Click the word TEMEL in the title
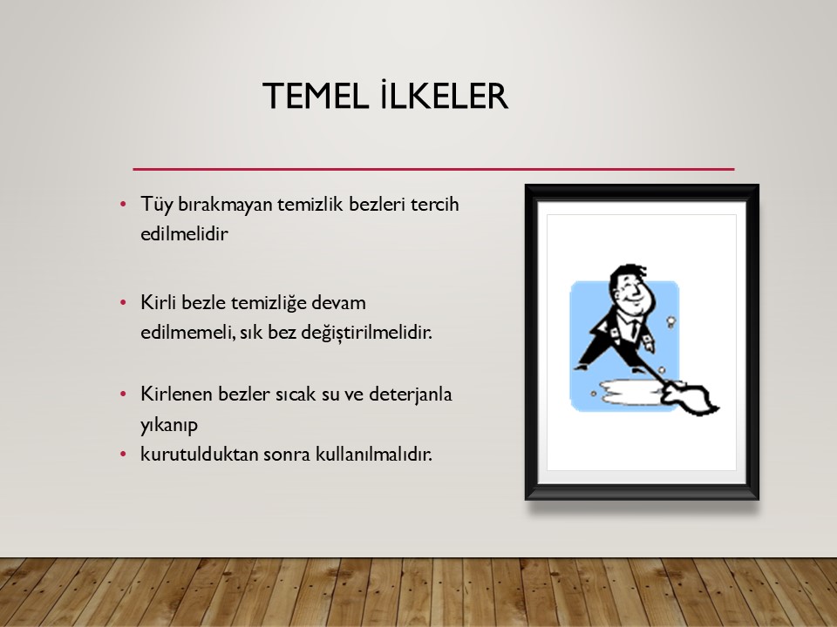pyautogui.click(x=315, y=97)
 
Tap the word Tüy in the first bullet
pyautogui.click(x=156, y=205)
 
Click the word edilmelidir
pyautogui.click(x=184, y=233)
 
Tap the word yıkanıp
pyautogui.click(x=168, y=426)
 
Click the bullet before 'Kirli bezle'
pyautogui.click(x=123, y=303)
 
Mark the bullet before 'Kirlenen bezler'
pyautogui.click(x=123, y=394)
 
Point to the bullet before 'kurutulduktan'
pyautogui.click(x=123, y=455)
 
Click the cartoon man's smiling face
pyautogui.click(x=633, y=292)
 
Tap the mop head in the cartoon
pyautogui.click(x=691, y=399)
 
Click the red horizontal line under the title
pyautogui.click(x=433, y=169)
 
